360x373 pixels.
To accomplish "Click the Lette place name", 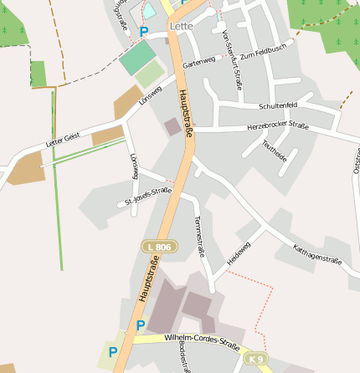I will point(181,26).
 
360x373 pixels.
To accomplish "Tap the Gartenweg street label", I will point(198,64).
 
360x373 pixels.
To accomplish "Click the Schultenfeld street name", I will point(279,106).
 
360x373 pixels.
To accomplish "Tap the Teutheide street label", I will point(275,151).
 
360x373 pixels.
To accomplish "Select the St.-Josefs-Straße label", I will point(147,196).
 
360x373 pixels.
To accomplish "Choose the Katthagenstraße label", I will point(318,254).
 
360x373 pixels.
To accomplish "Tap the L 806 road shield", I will point(159,247).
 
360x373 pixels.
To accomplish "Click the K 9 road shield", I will point(256,359).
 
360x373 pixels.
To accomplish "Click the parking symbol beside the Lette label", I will point(143,32).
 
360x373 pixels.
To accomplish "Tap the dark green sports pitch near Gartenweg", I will point(137,56).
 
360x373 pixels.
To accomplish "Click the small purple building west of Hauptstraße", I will point(172,126).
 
